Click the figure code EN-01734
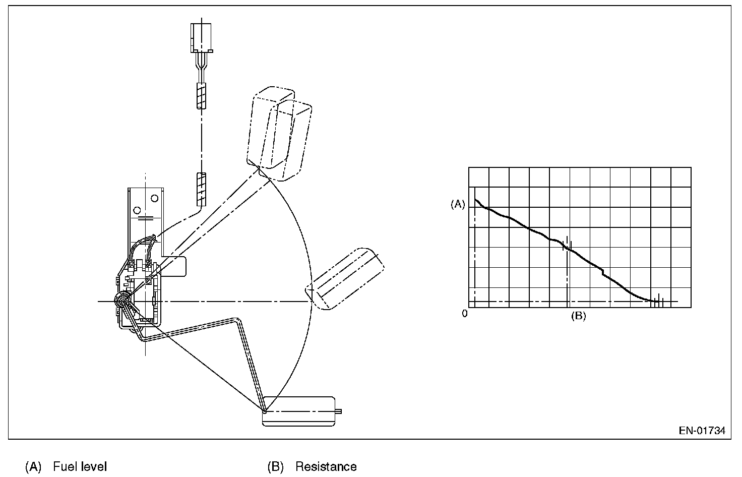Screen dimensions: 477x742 click(x=702, y=431)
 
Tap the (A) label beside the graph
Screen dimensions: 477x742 click(x=457, y=204)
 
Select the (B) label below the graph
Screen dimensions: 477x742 click(x=578, y=316)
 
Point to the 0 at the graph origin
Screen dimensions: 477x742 click(x=465, y=313)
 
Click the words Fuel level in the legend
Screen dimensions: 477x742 click(x=80, y=467)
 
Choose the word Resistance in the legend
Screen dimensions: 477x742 click(x=326, y=467)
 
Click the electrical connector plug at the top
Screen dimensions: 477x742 click(x=202, y=38)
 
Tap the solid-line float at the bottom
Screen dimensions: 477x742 click(x=299, y=411)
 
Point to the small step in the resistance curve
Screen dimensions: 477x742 click(x=602, y=273)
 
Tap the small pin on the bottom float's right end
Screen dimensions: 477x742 click(x=339, y=411)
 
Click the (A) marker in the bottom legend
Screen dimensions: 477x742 click(x=33, y=467)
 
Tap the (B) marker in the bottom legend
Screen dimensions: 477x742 click(x=275, y=467)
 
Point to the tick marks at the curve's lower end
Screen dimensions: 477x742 click(x=658, y=302)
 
